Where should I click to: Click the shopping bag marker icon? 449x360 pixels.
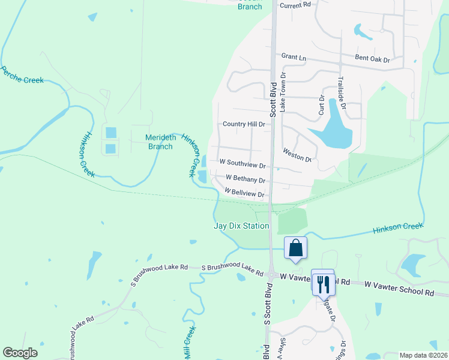pyautogui.click(x=296, y=248)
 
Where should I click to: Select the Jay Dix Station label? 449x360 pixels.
pyautogui.click(x=241, y=226)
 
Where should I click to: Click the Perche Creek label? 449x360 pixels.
pyautogui.click(x=22, y=75)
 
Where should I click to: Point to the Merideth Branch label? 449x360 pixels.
pyautogui.click(x=161, y=142)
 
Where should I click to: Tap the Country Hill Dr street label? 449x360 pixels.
pyautogui.click(x=244, y=124)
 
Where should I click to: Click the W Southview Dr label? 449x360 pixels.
pyautogui.click(x=243, y=163)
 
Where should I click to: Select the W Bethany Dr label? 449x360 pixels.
pyautogui.click(x=245, y=179)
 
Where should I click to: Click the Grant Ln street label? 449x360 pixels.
pyautogui.click(x=294, y=57)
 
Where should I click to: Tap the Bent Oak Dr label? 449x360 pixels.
pyautogui.click(x=372, y=59)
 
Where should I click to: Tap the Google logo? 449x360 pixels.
pyautogui.click(x=20, y=353)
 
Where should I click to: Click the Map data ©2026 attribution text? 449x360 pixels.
pyautogui.click(x=423, y=355)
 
